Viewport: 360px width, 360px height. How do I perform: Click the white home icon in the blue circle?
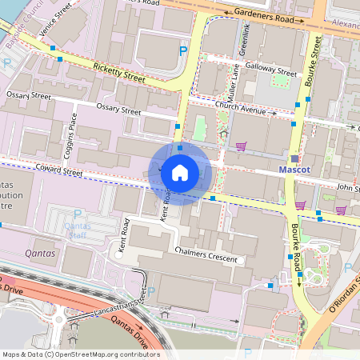coord(180,173)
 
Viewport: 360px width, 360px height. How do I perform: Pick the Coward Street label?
coord(60,170)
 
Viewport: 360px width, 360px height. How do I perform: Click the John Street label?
coord(347,189)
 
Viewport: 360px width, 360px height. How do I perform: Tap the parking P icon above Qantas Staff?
coord(78,214)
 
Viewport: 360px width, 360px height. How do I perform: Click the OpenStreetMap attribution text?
coord(80,354)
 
